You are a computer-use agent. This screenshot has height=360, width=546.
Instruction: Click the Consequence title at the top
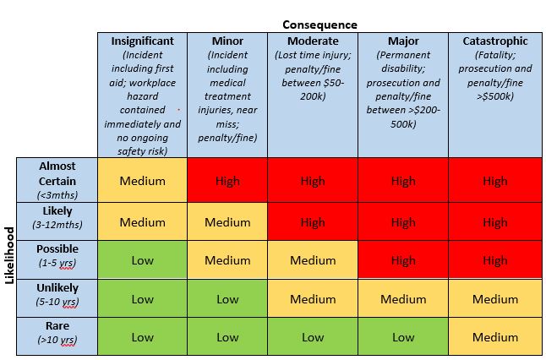click(319, 25)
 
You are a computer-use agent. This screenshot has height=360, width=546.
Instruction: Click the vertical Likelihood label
click(10, 255)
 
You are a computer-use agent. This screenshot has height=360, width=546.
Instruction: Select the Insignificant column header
click(142, 41)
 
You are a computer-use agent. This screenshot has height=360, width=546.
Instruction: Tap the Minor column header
click(227, 41)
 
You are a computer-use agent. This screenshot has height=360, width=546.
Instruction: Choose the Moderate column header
click(312, 41)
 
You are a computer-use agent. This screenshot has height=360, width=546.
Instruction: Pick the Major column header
click(403, 41)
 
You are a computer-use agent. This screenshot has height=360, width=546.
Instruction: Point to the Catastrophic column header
click(495, 41)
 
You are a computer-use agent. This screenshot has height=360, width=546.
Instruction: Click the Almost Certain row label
click(57, 180)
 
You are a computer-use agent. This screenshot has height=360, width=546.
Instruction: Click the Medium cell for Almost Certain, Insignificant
click(142, 181)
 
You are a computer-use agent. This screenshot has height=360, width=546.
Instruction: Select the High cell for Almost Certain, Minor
click(227, 181)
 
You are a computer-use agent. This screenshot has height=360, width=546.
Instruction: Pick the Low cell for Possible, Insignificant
click(142, 261)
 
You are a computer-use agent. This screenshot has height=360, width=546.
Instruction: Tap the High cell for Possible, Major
click(403, 261)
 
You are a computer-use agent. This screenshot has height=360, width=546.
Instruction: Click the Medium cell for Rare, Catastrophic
click(495, 337)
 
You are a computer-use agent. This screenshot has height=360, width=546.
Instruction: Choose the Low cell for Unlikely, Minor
click(227, 299)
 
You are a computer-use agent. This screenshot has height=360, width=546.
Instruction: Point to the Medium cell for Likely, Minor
click(227, 223)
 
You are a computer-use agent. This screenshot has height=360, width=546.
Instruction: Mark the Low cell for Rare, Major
click(403, 337)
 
